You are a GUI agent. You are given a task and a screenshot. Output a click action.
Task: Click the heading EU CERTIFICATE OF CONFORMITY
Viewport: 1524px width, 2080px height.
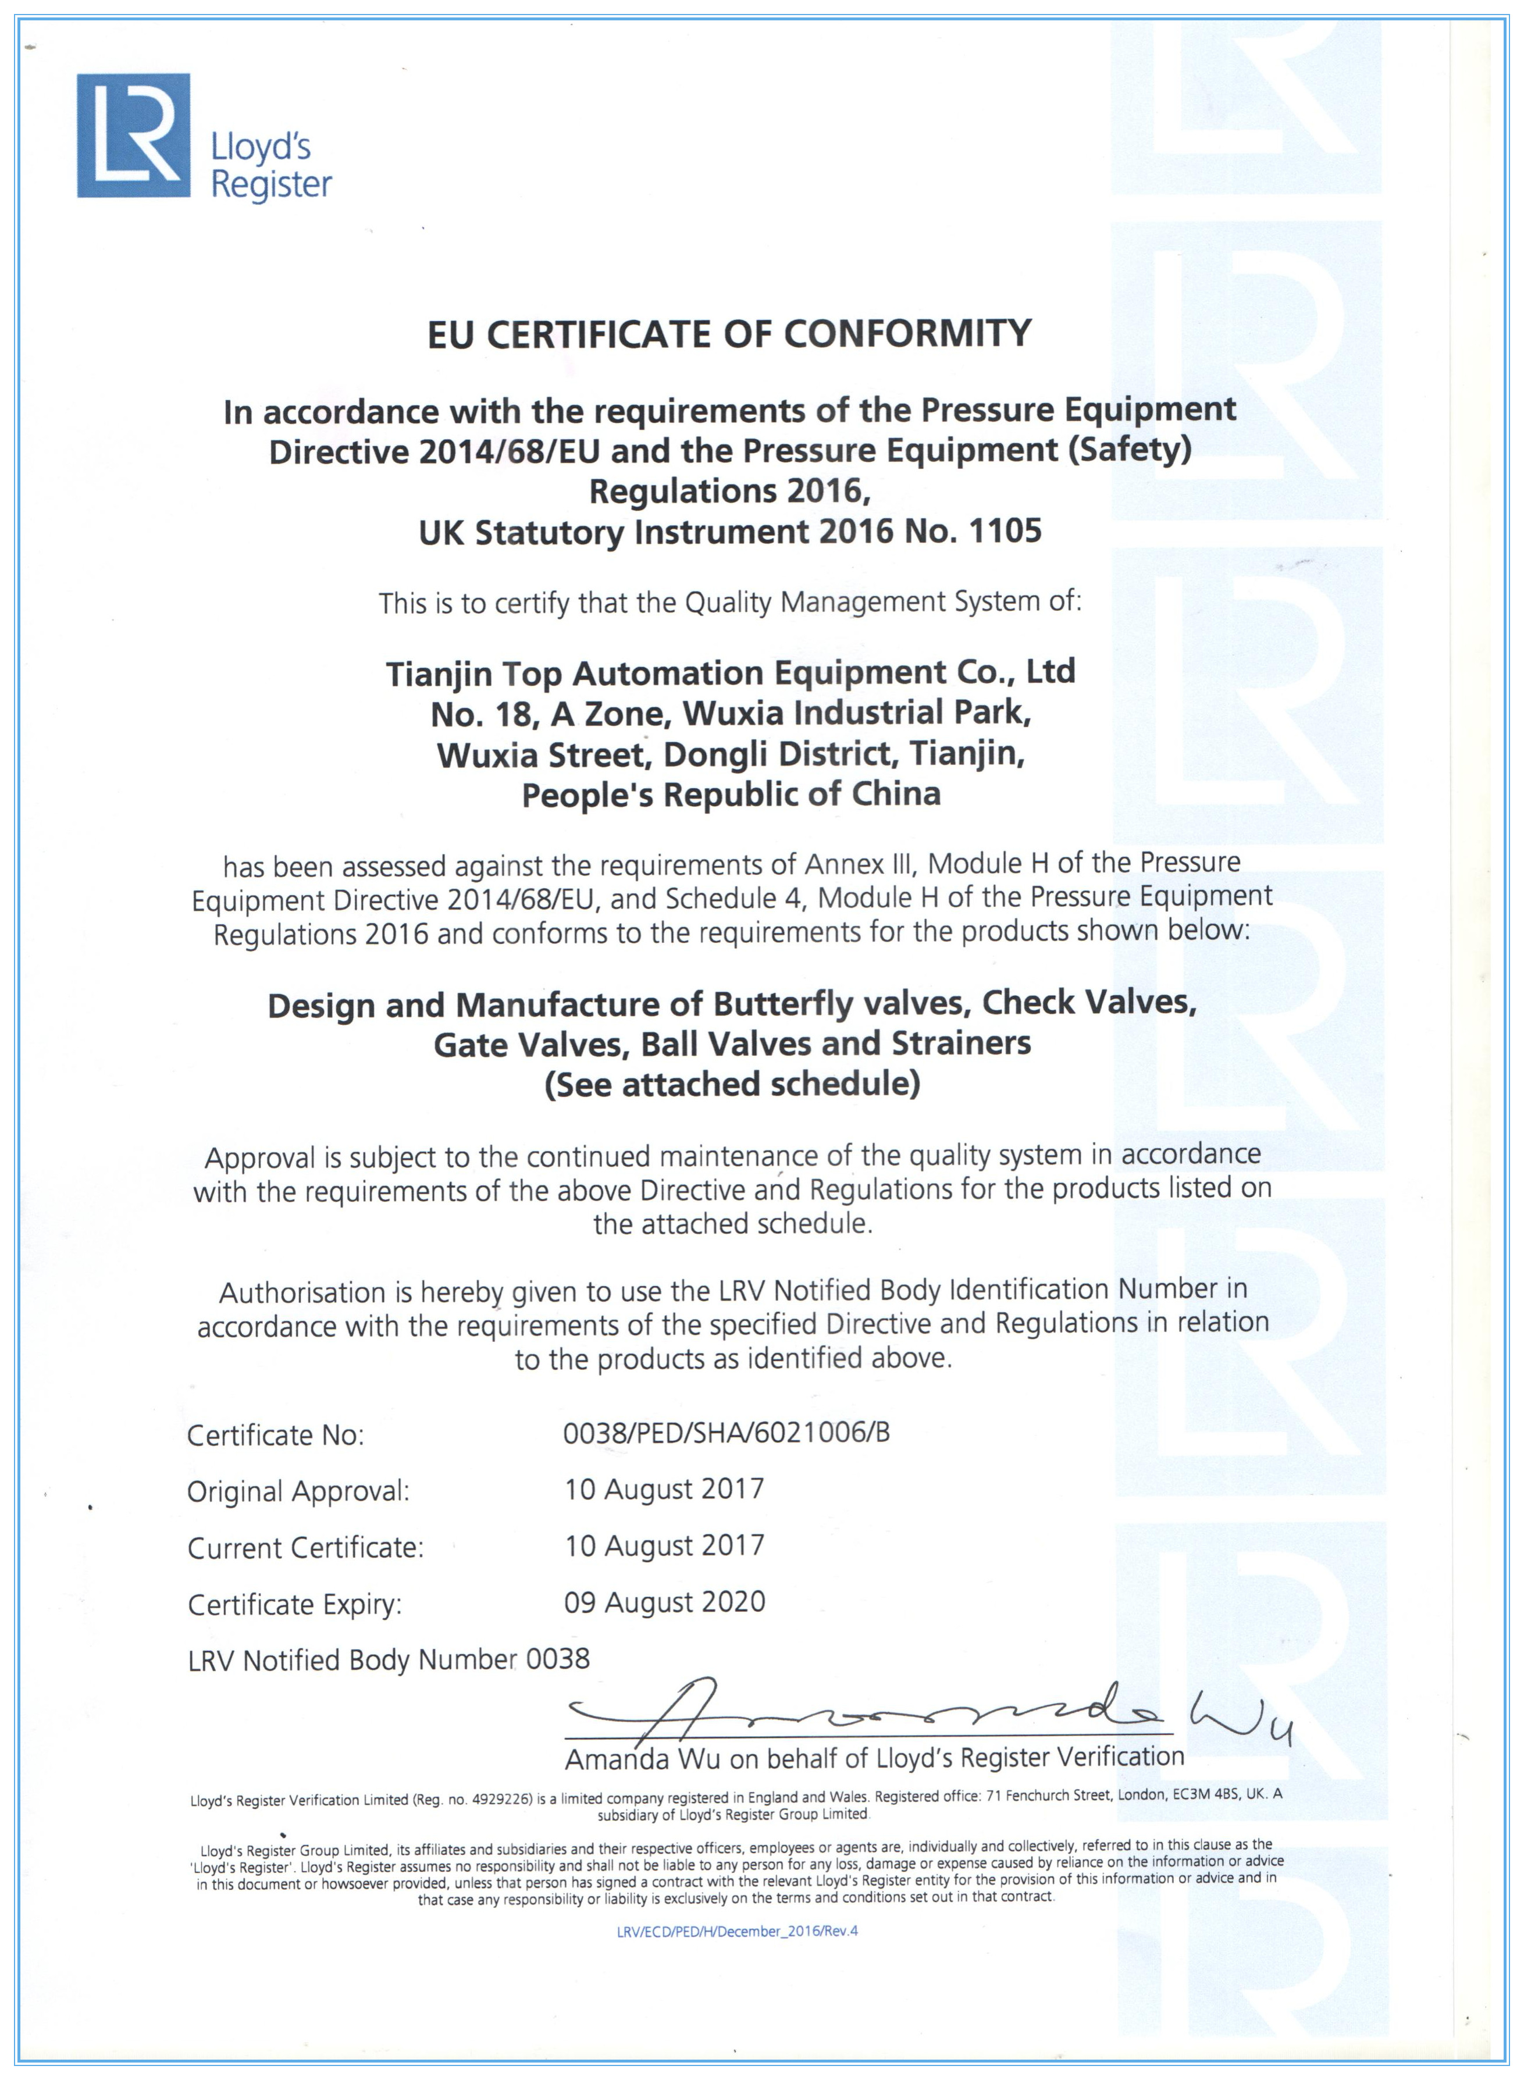[729, 334]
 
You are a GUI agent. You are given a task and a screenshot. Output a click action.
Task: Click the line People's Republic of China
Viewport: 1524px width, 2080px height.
[731, 794]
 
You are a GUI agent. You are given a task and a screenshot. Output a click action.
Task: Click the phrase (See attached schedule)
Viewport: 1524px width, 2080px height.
[732, 1084]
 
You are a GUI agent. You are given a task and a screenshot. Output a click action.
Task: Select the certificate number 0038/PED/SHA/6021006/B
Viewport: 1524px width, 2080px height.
[726, 1433]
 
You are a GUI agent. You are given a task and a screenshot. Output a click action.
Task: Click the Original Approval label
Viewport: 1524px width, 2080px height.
[298, 1491]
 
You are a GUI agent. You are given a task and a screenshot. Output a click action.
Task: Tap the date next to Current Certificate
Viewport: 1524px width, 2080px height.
[664, 1546]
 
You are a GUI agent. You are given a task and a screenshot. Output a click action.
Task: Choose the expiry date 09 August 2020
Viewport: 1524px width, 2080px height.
[664, 1602]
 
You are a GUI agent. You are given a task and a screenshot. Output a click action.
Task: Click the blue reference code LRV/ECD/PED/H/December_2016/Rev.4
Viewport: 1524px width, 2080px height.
[737, 1931]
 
